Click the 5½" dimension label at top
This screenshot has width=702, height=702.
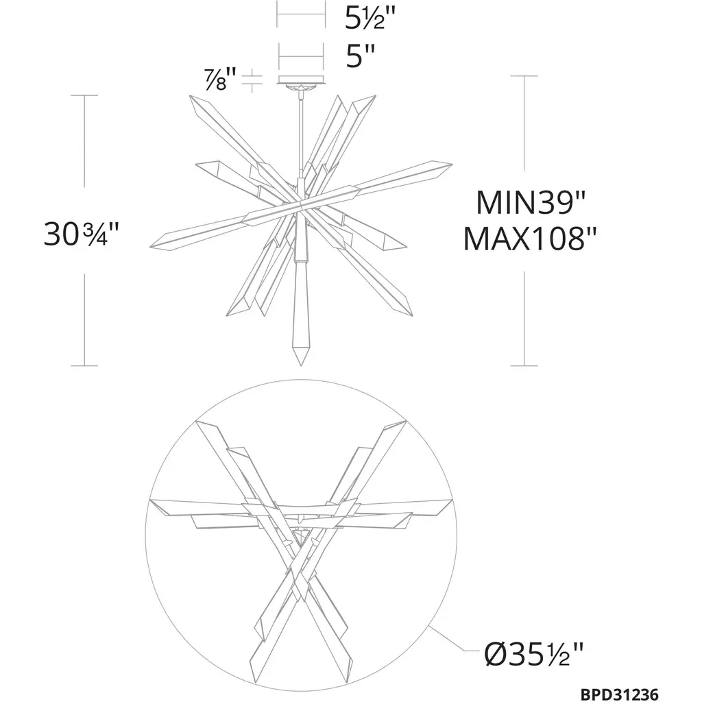[370, 18]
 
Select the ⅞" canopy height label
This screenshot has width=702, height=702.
[221, 80]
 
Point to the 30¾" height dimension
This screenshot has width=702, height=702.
[82, 234]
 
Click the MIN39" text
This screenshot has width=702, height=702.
[531, 203]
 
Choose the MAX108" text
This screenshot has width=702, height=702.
[530, 239]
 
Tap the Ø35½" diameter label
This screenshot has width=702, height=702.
[534, 653]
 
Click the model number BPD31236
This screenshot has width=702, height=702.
[620, 694]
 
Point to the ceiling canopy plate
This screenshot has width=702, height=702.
[301, 80]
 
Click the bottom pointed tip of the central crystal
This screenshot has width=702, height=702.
[301, 365]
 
